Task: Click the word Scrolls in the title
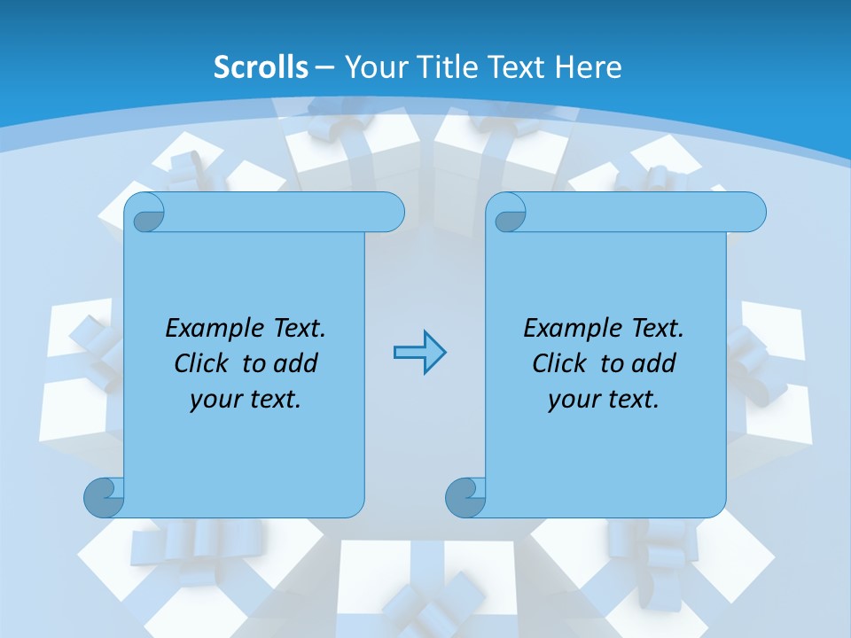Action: coord(262,67)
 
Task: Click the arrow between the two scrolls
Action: coord(419,353)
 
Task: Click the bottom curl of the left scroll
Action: coord(104,498)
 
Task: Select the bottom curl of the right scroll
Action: coord(465,498)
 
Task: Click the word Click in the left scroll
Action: coord(203,364)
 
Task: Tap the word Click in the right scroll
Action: coord(561,364)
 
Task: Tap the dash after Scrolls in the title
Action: coord(325,67)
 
